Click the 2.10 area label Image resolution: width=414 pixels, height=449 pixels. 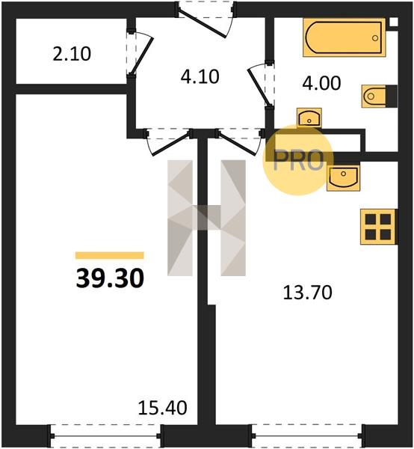pyautogui.click(x=72, y=54)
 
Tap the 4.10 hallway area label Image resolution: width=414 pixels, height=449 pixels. pyautogui.click(x=200, y=76)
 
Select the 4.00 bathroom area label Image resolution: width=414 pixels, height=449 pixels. pyautogui.click(x=321, y=83)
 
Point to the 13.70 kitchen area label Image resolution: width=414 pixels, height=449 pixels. pyautogui.click(x=307, y=293)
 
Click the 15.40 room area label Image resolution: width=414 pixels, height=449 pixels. pyautogui.click(x=162, y=408)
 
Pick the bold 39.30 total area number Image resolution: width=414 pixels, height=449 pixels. pyautogui.click(x=110, y=278)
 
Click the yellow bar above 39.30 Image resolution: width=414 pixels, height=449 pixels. pyautogui.click(x=110, y=255)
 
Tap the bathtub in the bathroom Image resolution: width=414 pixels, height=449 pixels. pyautogui.click(x=345, y=37)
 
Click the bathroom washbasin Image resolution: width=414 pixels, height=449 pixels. pyautogui.click(x=309, y=117)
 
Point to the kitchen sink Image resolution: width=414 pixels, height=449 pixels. pyautogui.click(x=343, y=178)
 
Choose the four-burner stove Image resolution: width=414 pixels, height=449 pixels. pyautogui.click(x=378, y=227)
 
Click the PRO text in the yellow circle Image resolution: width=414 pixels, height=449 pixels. pyautogui.click(x=298, y=160)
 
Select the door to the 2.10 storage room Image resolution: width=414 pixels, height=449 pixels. pyautogui.click(x=140, y=53)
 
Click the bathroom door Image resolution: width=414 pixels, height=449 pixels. pyautogui.click(x=261, y=85)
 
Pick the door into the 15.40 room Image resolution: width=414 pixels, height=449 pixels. pyautogui.click(x=169, y=142)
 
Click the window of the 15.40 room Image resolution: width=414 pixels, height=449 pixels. pyautogui.click(x=106, y=436)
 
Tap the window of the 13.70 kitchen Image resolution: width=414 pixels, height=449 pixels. pyautogui.click(x=308, y=436)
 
